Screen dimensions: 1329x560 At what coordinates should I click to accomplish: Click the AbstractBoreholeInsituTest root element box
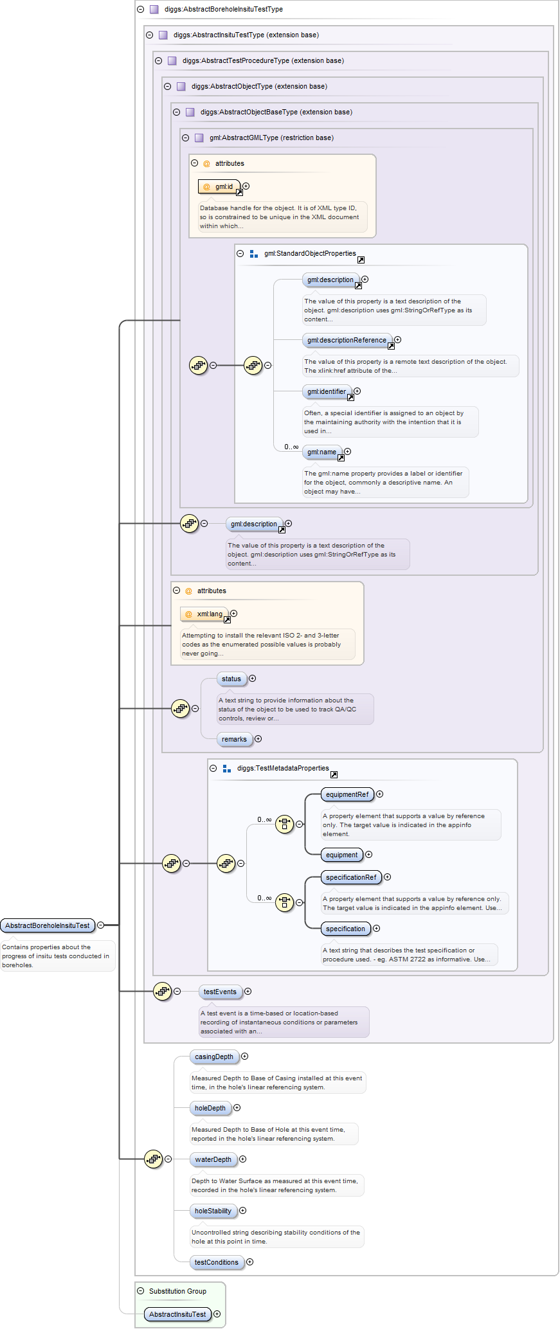click(x=48, y=925)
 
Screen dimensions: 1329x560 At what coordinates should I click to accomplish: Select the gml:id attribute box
click(x=219, y=187)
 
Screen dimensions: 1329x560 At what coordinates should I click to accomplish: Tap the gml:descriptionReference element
click(x=347, y=341)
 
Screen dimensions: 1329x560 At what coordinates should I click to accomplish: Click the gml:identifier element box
click(x=327, y=392)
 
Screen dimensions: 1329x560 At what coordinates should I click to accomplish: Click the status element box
click(x=231, y=679)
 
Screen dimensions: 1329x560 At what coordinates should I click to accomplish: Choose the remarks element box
click(x=234, y=740)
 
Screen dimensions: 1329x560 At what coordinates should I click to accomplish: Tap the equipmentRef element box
click(x=347, y=795)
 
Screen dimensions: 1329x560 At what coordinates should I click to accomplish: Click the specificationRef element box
click(x=351, y=878)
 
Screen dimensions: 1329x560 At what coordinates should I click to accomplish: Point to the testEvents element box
click(x=220, y=992)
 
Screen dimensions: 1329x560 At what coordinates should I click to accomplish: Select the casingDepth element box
click(x=214, y=1057)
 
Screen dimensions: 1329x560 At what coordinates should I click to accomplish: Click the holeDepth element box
click(x=210, y=1109)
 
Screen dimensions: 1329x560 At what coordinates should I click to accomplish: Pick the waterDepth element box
click(x=213, y=1160)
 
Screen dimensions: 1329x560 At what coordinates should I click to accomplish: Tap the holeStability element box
click(x=213, y=1211)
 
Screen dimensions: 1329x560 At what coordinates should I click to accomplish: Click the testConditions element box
click(x=217, y=1263)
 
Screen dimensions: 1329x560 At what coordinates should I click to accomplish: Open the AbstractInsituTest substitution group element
click(x=177, y=1315)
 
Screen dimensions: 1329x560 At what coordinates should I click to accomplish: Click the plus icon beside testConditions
click(x=250, y=1262)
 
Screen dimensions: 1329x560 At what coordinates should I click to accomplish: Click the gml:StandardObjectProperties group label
click(x=310, y=254)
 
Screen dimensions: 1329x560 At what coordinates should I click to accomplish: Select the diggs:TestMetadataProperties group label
click(x=283, y=769)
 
